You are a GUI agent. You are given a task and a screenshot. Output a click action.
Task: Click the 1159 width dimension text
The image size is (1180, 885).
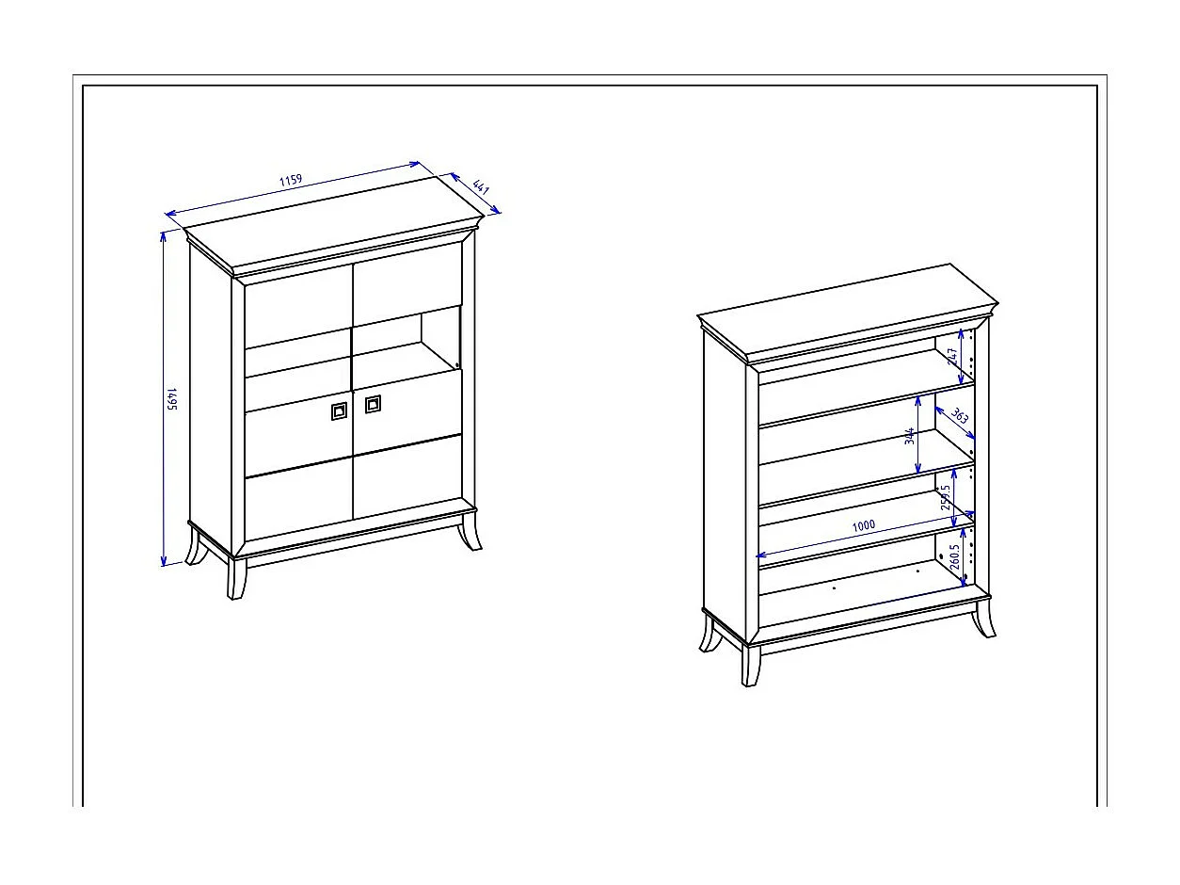pos(291,180)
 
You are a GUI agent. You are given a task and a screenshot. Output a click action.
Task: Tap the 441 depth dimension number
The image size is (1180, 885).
pos(481,186)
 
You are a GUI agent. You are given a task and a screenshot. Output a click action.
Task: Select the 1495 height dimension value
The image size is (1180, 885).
pos(173,399)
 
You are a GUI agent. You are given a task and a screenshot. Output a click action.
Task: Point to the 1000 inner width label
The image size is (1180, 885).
pos(864,525)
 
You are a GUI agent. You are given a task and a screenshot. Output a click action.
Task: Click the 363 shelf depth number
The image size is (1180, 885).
pos(959,415)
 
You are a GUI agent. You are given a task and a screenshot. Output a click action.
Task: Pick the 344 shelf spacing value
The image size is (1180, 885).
pos(909,437)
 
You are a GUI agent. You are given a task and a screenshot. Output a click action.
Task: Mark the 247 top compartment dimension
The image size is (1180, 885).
pos(952,355)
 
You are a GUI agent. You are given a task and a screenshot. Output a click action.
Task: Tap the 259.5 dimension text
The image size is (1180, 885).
pos(946,497)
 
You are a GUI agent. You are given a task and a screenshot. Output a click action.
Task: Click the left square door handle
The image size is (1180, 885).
pos(339,410)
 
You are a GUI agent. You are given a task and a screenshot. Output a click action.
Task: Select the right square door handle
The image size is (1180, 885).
pos(373,404)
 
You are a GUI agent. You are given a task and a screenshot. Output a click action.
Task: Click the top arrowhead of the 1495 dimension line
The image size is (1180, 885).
pos(163,235)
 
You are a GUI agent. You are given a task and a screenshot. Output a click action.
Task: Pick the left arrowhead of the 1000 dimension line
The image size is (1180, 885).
pos(761,555)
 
